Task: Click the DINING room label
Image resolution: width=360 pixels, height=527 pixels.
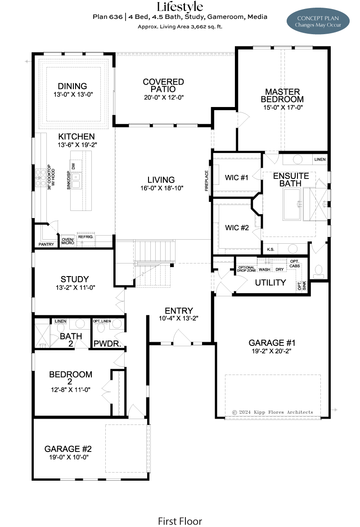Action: (x=72, y=86)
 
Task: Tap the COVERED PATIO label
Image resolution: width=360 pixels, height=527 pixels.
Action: (x=163, y=85)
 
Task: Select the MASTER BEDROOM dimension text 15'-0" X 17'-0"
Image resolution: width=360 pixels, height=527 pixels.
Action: (x=283, y=107)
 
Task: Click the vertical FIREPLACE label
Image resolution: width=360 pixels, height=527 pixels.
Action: (x=207, y=181)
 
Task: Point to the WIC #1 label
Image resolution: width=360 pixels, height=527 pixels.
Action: (x=237, y=178)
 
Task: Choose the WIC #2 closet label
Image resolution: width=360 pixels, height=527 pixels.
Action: (x=237, y=228)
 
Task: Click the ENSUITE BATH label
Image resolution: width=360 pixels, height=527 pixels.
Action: (x=291, y=180)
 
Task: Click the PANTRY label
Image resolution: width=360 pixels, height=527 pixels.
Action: (x=46, y=244)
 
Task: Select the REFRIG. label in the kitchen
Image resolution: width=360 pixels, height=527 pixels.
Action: (x=85, y=237)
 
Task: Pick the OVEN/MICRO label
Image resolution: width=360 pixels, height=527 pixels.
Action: (x=67, y=241)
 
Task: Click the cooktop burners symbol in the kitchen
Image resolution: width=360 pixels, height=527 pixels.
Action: (x=40, y=178)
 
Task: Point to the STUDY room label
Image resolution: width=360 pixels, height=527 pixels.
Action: (x=75, y=279)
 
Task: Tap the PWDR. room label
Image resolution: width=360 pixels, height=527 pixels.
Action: (x=107, y=344)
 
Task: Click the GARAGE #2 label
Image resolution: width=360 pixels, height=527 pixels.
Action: (x=68, y=449)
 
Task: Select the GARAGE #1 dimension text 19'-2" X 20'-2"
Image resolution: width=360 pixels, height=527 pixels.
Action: (x=271, y=351)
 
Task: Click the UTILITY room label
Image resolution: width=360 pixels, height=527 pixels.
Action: (x=270, y=283)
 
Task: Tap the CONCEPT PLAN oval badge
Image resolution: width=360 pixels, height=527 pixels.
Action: (x=318, y=21)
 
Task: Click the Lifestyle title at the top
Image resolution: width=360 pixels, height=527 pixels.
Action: (x=180, y=7)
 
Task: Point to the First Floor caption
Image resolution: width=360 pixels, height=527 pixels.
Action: (x=180, y=521)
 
